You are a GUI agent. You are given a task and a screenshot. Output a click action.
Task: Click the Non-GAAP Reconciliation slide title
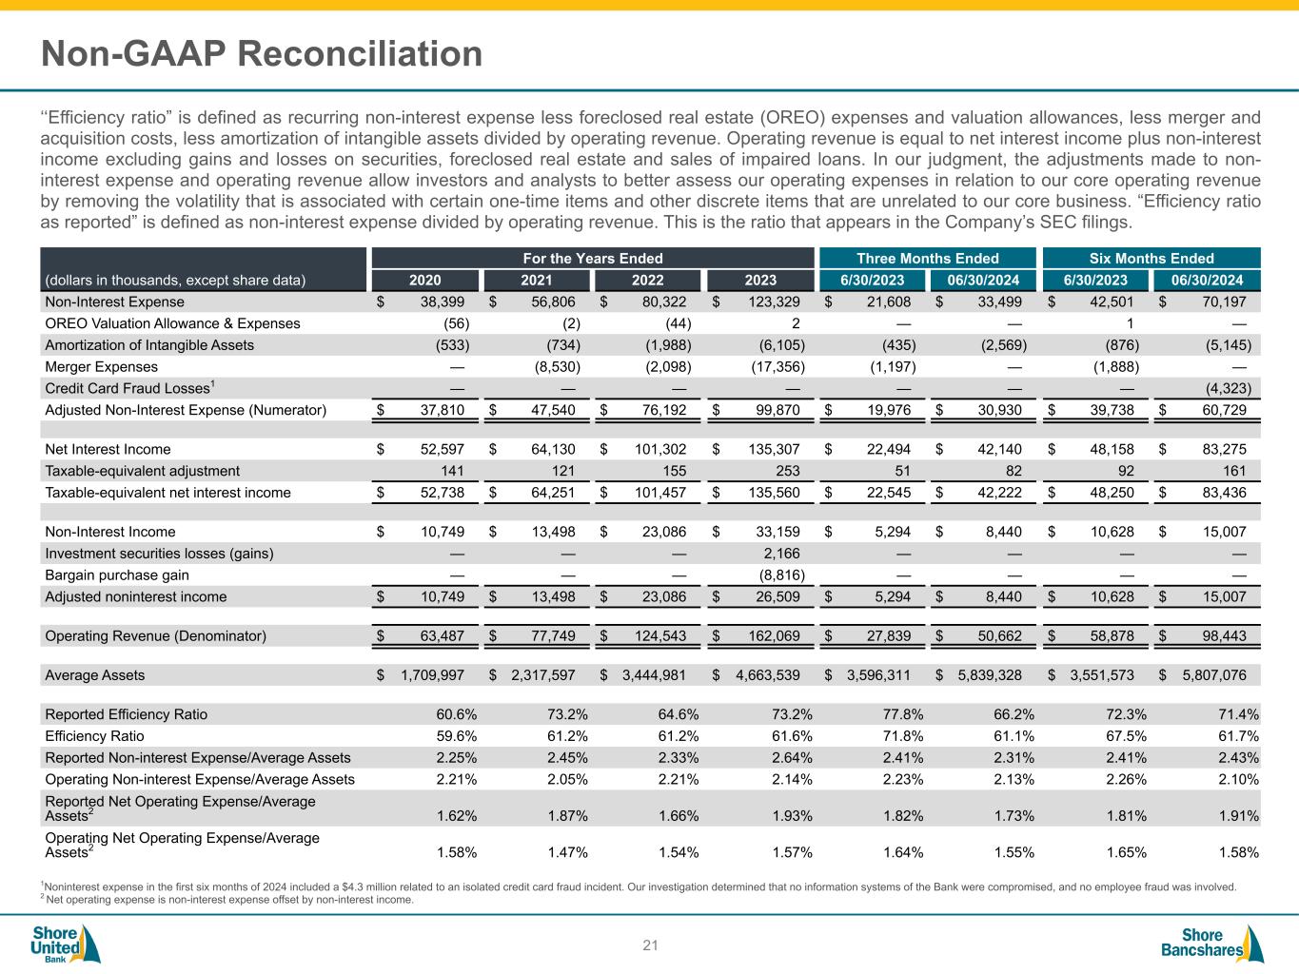[x=262, y=54]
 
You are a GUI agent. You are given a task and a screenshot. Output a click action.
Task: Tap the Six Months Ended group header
[x=1151, y=258]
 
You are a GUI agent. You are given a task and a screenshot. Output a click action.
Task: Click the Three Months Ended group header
[x=928, y=258]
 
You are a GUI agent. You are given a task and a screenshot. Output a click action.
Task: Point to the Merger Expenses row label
[x=102, y=366]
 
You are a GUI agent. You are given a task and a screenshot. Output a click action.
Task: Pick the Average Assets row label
[x=95, y=675]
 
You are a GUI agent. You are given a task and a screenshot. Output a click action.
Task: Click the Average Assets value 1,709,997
[x=433, y=675]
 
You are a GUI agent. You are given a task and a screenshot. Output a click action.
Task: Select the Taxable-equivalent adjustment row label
[x=143, y=471]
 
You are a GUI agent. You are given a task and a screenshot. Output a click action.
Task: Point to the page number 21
[x=651, y=945]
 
